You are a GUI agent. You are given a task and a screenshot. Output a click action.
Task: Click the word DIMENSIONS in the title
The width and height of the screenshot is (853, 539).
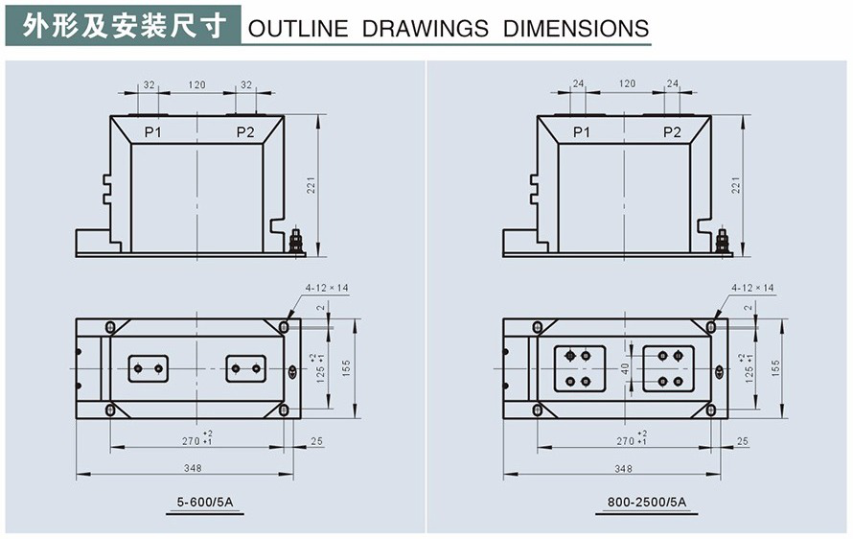tap(576, 28)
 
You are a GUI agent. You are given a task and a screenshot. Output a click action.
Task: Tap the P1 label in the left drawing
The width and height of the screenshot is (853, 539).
tap(152, 131)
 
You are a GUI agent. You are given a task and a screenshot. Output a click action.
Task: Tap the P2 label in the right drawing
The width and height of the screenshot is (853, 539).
tap(672, 131)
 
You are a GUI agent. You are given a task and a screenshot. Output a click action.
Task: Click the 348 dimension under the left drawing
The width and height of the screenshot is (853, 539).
tap(195, 468)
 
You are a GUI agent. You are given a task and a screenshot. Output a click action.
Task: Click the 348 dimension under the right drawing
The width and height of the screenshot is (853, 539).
tap(623, 468)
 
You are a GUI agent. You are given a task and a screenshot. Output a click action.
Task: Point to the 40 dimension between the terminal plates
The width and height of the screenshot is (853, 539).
tap(625, 367)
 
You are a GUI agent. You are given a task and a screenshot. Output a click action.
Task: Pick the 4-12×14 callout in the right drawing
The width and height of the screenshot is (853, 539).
tap(752, 287)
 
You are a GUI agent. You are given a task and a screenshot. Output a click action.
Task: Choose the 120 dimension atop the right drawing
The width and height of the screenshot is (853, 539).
tap(627, 84)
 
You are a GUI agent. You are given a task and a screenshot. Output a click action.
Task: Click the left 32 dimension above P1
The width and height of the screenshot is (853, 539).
tap(149, 84)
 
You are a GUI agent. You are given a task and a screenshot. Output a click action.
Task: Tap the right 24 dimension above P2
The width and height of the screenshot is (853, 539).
tap(672, 84)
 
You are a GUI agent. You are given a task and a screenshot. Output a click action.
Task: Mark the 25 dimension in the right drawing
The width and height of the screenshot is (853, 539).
tap(743, 441)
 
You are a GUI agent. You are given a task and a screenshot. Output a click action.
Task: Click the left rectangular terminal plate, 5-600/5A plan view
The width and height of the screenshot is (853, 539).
tap(149, 368)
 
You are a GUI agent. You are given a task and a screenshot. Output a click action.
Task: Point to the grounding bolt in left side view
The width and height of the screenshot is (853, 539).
tap(296, 241)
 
